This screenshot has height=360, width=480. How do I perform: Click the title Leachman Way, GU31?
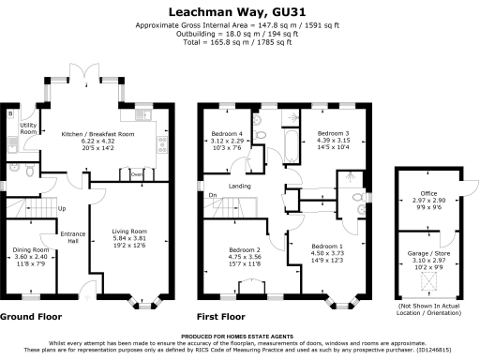pyautogui.click(x=240, y=11)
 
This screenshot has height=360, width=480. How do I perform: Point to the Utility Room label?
pyautogui.click(x=28, y=128)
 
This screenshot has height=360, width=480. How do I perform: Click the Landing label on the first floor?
pyautogui.click(x=239, y=186)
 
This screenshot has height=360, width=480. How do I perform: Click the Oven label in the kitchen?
pyautogui.click(x=137, y=174)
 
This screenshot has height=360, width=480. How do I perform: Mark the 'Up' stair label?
pyautogui.click(x=62, y=208)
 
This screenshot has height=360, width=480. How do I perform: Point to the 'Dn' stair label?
pyautogui.click(x=214, y=195)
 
